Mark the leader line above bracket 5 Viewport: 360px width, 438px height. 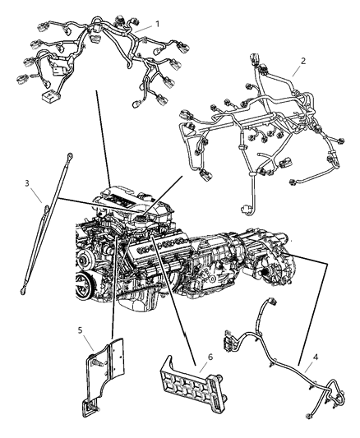(113, 296)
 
